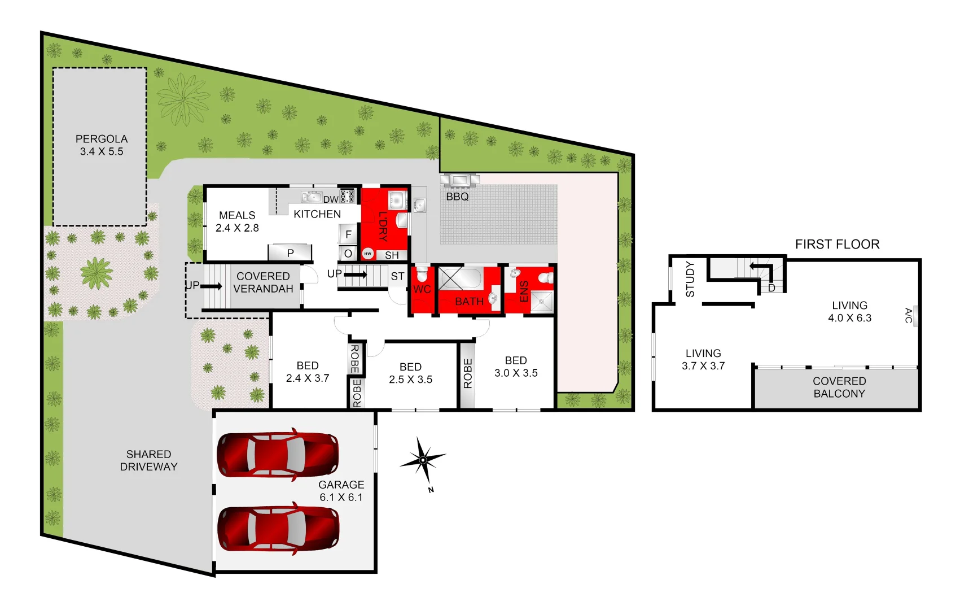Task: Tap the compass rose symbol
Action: click(423, 460)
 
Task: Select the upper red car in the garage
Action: click(278, 454)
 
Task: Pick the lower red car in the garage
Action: click(278, 528)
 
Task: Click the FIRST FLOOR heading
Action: click(837, 244)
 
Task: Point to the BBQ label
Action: click(457, 197)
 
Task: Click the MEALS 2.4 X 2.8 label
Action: click(237, 221)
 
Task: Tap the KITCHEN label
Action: click(317, 214)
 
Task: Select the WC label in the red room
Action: click(422, 289)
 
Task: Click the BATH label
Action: click(469, 302)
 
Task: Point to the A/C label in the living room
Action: click(909, 315)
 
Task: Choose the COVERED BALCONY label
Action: click(839, 387)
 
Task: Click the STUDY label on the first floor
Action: click(690, 279)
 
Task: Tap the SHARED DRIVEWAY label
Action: click(148, 460)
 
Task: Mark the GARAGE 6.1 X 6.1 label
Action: click(341, 491)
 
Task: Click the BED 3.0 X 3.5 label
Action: click(516, 367)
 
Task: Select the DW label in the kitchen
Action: click(331, 199)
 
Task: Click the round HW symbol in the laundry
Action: click(368, 254)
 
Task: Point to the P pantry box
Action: click(290, 252)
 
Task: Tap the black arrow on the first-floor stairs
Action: click(760, 267)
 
